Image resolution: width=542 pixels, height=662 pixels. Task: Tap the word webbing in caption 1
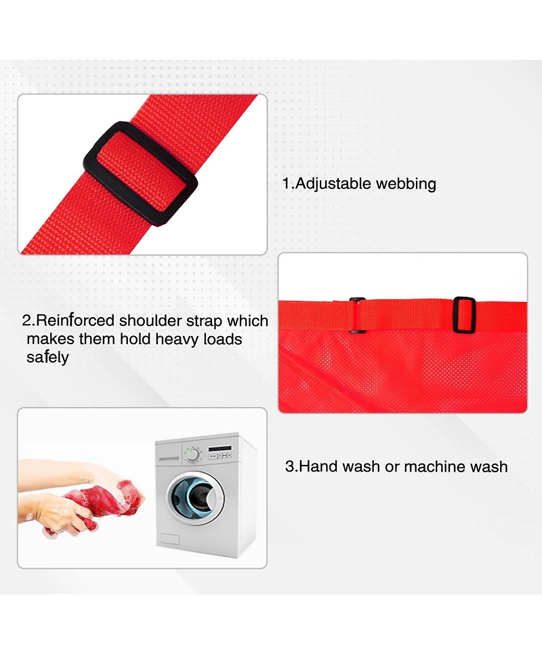(406, 184)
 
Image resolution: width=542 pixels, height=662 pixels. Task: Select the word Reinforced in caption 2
(75, 320)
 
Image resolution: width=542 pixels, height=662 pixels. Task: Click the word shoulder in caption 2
(150, 320)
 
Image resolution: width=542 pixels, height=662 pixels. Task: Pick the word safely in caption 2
(47, 358)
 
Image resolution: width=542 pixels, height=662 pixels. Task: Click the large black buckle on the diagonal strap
(140, 174)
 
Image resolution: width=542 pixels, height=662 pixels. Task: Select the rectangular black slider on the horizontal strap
(463, 314)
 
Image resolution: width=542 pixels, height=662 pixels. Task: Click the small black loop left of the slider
(357, 316)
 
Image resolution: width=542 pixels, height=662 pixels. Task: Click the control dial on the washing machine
(192, 454)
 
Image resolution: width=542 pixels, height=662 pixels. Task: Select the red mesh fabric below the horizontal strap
(402, 370)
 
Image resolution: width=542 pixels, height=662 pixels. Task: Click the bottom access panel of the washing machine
(169, 539)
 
